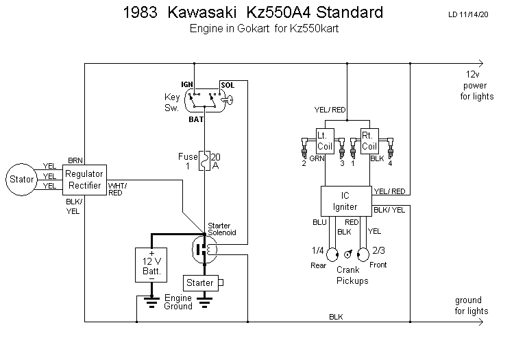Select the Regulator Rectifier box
(x=84, y=180)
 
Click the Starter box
(x=200, y=283)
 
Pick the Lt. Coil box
(x=324, y=141)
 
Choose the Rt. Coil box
(x=369, y=141)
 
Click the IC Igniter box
(x=346, y=200)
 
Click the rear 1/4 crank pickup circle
(x=332, y=255)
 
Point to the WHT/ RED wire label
(x=117, y=189)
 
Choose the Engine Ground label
(x=178, y=302)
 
